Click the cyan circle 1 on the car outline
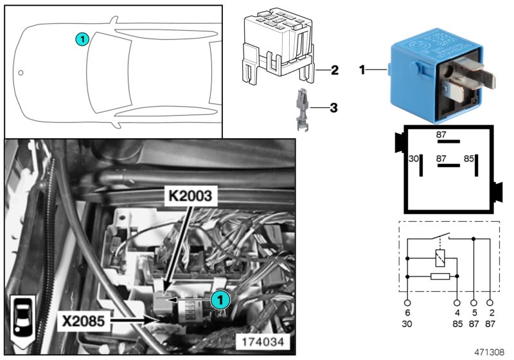tap(81, 40)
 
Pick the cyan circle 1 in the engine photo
tap(218, 299)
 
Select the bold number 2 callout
tap(335, 69)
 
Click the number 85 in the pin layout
tap(469, 157)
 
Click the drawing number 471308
tap(489, 353)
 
